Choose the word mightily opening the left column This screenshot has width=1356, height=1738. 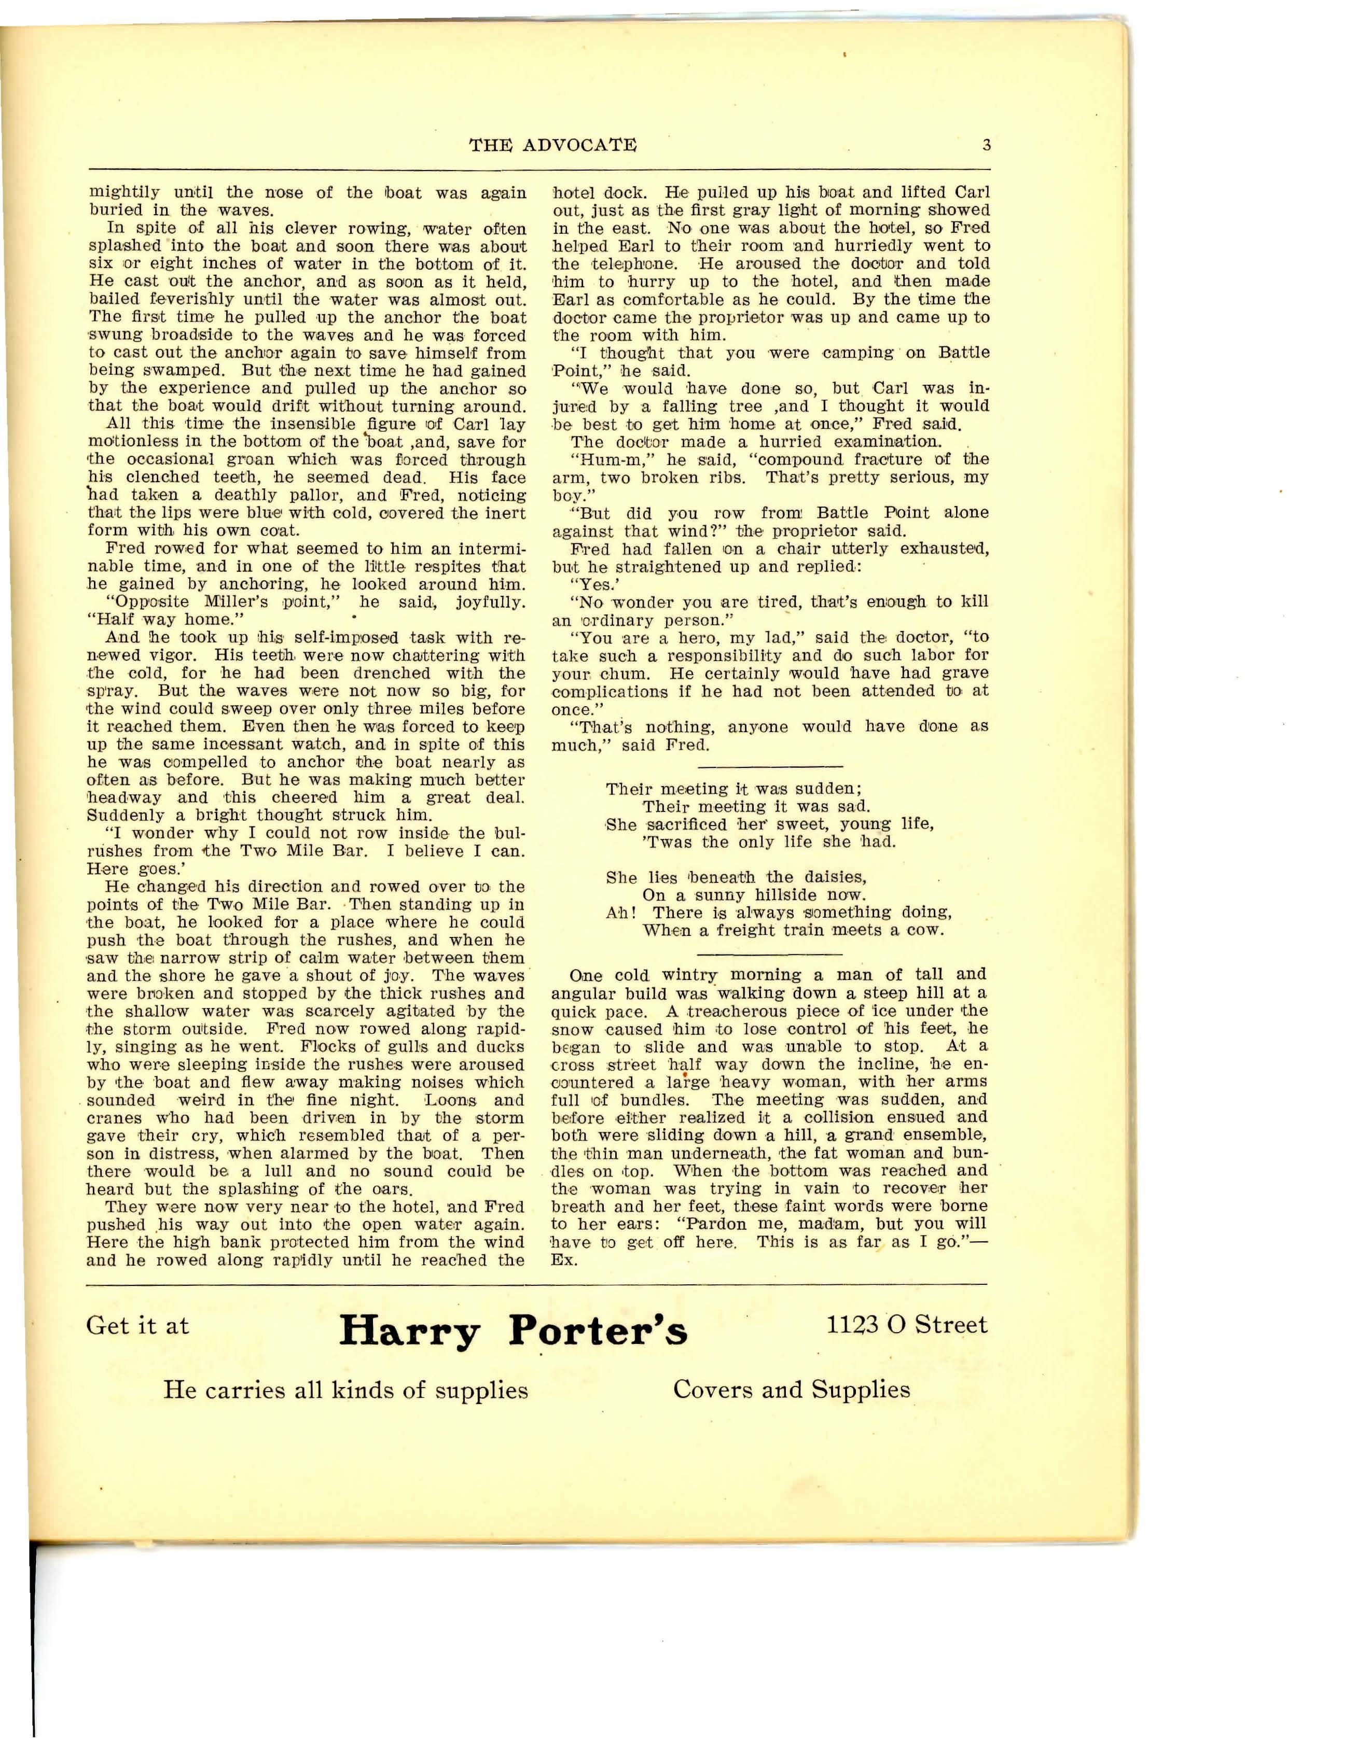pos(123,192)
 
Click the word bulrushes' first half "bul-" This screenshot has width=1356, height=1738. pos(509,833)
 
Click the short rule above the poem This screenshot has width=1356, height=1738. pos(769,765)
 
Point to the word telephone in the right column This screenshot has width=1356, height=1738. pos(612,263)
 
